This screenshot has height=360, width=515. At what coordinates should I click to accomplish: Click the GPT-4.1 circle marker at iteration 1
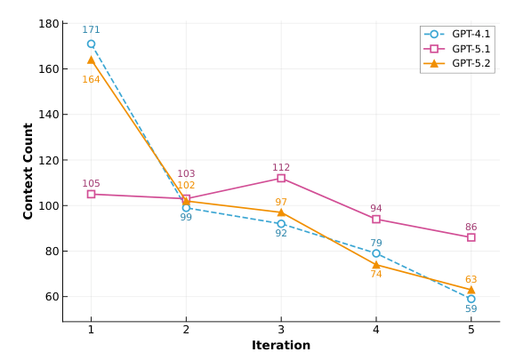tap(91, 44)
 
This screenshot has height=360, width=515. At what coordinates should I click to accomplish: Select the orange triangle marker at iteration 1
tap(91, 60)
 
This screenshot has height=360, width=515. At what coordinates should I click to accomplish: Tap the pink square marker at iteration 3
tap(281, 178)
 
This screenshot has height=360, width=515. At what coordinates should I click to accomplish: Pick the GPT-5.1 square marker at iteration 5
tap(471, 237)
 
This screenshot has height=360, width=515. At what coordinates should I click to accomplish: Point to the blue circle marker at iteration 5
tap(471, 299)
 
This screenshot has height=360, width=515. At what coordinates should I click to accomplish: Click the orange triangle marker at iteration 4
tap(376, 265)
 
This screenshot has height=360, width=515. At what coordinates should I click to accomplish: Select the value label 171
tap(91, 30)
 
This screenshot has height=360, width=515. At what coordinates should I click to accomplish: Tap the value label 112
tap(281, 167)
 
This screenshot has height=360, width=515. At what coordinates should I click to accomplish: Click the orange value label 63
tap(471, 279)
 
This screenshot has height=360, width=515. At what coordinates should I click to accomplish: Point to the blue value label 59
tap(471, 308)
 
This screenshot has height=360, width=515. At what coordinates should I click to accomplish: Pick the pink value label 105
tap(91, 183)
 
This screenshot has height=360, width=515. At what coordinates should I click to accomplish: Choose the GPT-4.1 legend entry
tap(457, 34)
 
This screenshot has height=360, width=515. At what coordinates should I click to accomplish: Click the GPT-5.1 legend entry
tap(457, 49)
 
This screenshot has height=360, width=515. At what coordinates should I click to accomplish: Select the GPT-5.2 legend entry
tap(457, 63)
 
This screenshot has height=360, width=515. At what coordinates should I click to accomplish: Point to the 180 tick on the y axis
tap(49, 24)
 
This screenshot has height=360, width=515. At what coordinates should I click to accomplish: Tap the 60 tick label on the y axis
tap(52, 297)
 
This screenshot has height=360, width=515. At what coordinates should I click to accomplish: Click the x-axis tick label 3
tap(281, 330)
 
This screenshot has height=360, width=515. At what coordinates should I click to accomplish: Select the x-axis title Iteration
tap(281, 345)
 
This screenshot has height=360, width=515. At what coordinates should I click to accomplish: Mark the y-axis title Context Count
tap(28, 172)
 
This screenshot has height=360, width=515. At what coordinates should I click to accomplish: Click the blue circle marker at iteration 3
tap(281, 224)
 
